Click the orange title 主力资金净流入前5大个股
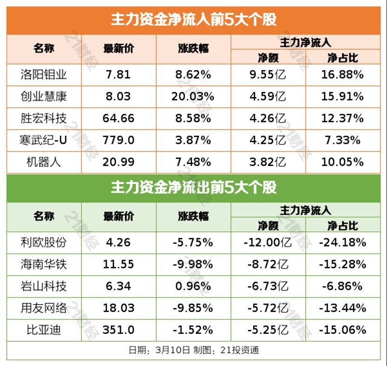coord(193,20)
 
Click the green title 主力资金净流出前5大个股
coord(193,187)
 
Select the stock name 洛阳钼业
coord(44,74)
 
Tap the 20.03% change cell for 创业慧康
coord(194,97)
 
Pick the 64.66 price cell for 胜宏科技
coord(119,118)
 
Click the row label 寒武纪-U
coord(44,140)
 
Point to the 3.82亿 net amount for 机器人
coord(267,162)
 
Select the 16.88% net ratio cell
coord(342,74)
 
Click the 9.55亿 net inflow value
coord(267,74)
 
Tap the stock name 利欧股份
coord(44,242)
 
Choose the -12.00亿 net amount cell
coord(267,242)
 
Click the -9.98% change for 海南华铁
coord(194,264)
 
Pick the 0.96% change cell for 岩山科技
coord(194,286)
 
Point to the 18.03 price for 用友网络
coord(119,308)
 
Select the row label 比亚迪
coord(44,330)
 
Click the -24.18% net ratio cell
coord(342,242)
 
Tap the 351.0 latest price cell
coord(119,330)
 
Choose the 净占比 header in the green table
coord(342,226)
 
